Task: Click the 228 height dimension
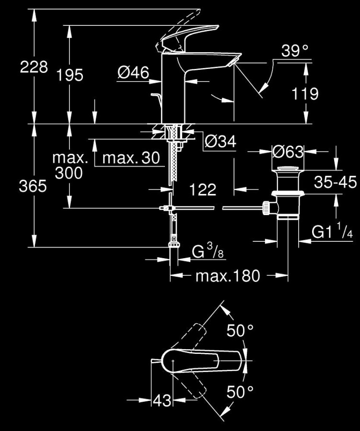[x=34, y=67]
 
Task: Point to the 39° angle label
[x=294, y=51]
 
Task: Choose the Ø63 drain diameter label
[x=288, y=152]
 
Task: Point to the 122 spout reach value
[x=202, y=190]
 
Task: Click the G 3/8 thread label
[x=207, y=251]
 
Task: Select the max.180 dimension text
[x=228, y=276]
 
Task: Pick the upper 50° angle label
[x=240, y=331]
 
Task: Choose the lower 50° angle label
[x=240, y=392]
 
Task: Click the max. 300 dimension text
[x=70, y=165]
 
